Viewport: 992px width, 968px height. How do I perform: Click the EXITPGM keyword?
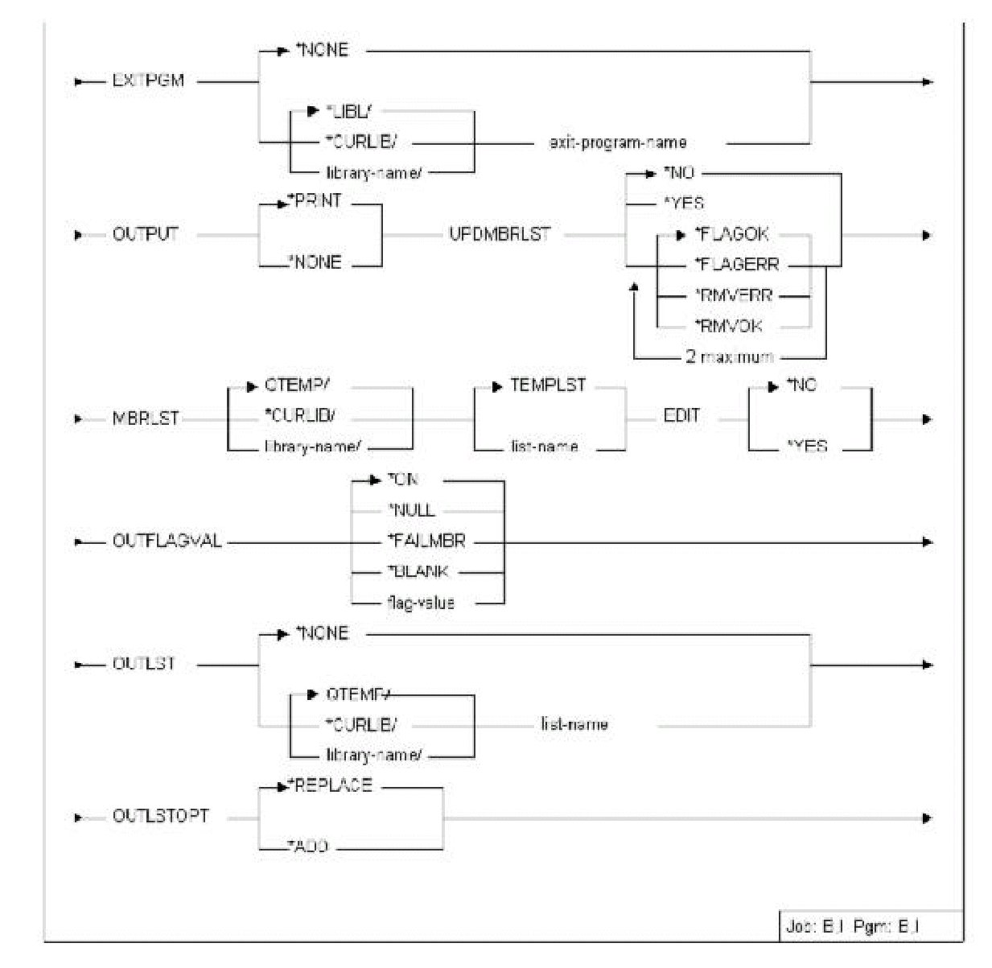tap(149, 81)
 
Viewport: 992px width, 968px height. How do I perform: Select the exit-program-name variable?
tap(617, 143)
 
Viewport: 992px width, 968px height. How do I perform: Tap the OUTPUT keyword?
tap(146, 235)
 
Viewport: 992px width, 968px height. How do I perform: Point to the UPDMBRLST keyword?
tap(500, 235)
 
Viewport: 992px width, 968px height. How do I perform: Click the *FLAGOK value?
tap(731, 235)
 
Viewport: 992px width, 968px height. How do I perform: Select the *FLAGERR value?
tap(736, 265)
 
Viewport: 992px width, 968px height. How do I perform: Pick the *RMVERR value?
tap(733, 295)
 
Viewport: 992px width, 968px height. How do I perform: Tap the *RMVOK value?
tap(728, 326)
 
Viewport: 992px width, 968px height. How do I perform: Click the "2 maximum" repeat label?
tap(730, 356)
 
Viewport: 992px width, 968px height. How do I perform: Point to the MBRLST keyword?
tap(146, 419)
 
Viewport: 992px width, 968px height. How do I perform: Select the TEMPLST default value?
tap(548, 385)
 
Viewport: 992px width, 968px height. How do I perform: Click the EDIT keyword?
tap(681, 416)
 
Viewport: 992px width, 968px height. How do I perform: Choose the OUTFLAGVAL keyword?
tap(167, 542)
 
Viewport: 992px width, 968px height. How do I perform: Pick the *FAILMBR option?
tap(426, 541)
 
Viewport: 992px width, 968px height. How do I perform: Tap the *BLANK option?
tap(418, 571)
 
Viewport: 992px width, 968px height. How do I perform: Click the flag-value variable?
tap(421, 602)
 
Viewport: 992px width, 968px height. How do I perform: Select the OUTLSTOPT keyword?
tap(161, 816)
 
